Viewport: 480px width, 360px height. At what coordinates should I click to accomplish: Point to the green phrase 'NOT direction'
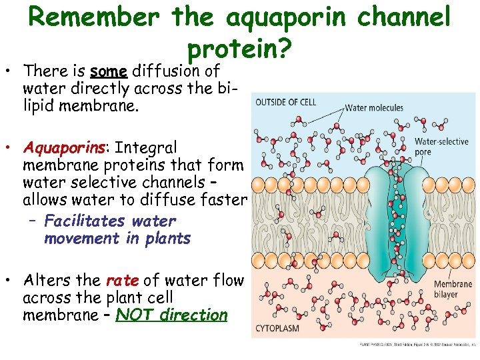click(171, 315)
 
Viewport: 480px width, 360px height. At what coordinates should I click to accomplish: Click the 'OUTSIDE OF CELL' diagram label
click(287, 102)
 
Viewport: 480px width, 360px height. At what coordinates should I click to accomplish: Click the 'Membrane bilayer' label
click(453, 289)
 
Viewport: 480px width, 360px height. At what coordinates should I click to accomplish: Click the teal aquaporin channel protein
click(399, 220)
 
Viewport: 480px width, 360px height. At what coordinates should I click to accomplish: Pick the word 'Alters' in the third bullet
click(47, 281)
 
